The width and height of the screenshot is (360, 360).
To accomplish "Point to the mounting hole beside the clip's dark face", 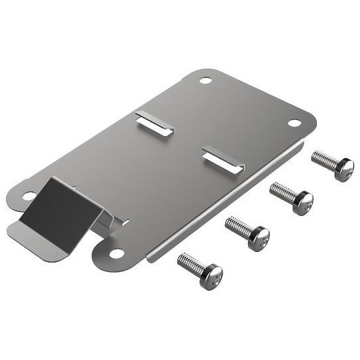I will pyautogui.click(x=29, y=195).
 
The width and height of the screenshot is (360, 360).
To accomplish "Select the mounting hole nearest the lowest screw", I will pyautogui.click(x=117, y=253).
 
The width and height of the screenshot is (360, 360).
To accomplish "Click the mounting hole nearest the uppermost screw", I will pyautogui.click(x=294, y=123).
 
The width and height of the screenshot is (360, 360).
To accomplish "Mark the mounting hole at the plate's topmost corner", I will pyautogui.click(x=205, y=81).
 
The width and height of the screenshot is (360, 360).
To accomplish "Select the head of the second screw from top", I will pyautogui.click(x=302, y=201).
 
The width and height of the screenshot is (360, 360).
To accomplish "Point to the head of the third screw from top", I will pyautogui.click(x=258, y=237).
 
